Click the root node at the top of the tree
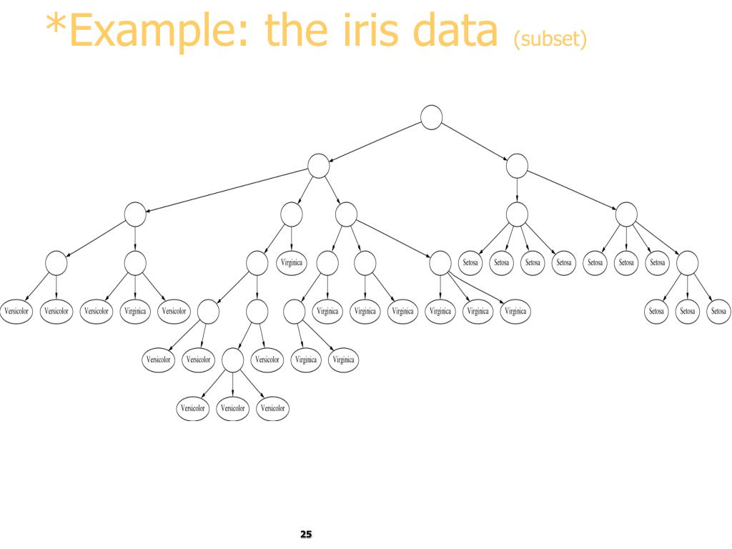tap(431, 117)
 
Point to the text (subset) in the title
tap(550, 38)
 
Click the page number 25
tap(306, 535)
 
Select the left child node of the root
tap(318, 166)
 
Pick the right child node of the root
tap(517, 166)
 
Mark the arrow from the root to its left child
tap(375, 142)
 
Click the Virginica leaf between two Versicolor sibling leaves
tap(135, 311)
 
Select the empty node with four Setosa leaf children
tap(517, 214)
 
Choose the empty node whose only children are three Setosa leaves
tap(687, 263)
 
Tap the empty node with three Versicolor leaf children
tap(233, 360)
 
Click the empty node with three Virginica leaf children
tap(440, 263)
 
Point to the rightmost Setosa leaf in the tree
tap(718, 311)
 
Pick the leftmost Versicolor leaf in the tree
tap(16, 311)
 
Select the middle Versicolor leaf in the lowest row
tap(232, 408)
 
